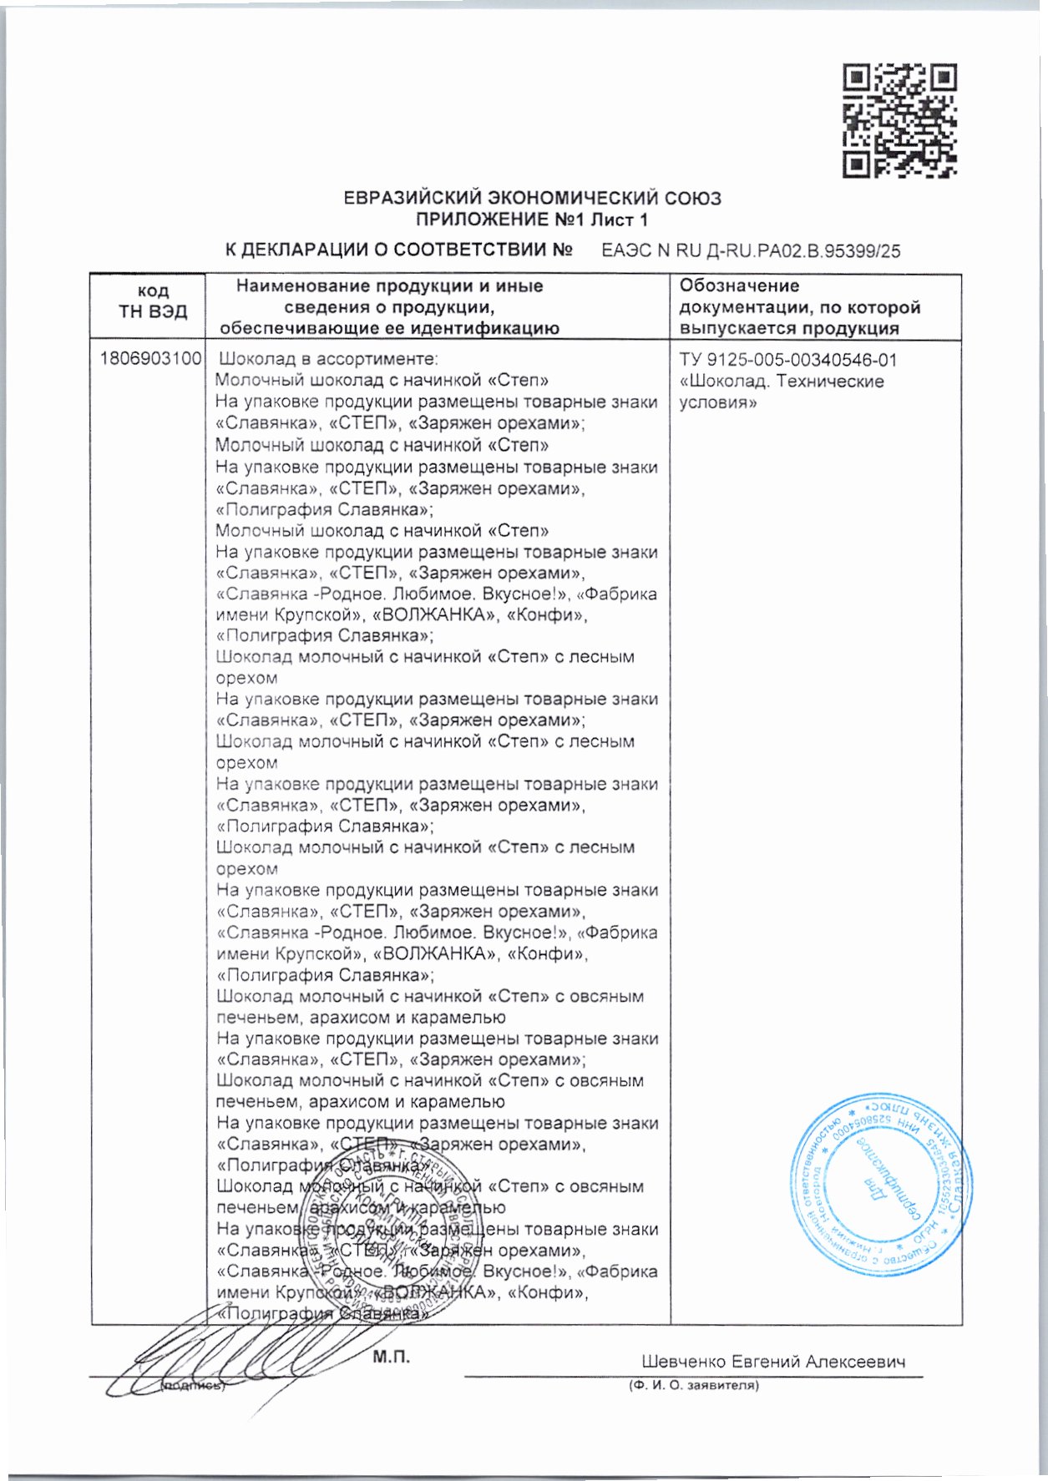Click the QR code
click(899, 120)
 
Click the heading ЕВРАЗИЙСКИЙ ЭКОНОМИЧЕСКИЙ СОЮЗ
click(533, 199)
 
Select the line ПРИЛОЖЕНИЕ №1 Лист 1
click(532, 220)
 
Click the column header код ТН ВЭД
click(153, 301)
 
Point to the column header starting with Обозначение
click(799, 307)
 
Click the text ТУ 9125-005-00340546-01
click(788, 361)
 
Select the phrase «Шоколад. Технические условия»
click(781, 392)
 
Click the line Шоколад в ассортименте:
click(328, 360)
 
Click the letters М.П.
click(391, 1357)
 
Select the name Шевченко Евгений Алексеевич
click(773, 1362)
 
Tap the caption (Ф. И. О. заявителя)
click(693, 1386)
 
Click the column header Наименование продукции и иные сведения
click(389, 307)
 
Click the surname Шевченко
click(682, 1362)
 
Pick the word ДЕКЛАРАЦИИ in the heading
click(313, 250)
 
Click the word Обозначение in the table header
click(739, 286)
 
